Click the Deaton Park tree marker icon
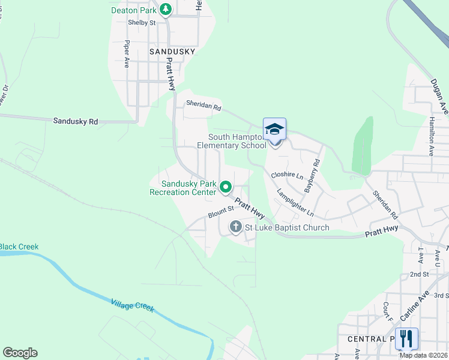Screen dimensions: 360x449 pyautogui.click(x=166, y=10)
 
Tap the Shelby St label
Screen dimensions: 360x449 pyautogui.click(x=142, y=23)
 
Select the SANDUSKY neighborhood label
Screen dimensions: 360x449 pyautogui.click(x=172, y=52)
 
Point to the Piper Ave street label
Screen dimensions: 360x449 pyautogui.click(x=127, y=54)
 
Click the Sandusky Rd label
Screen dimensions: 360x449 pyautogui.click(x=75, y=121)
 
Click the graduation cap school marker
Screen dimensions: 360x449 pyautogui.click(x=274, y=130)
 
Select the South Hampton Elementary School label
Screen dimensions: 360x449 pyautogui.click(x=232, y=142)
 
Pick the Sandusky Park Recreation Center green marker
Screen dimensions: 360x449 pyautogui.click(x=226, y=187)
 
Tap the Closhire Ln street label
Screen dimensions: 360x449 pyautogui.click(x=287, y=175)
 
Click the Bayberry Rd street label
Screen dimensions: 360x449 pyautogui.click(x=313, y=176)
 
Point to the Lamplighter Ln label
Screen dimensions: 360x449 pyautogui.click(x=295, y=203)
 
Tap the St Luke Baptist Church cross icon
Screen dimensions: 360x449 pyautogui.click(x=235, y=227)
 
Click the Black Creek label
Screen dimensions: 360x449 pyautogui.click(x=19, y=247)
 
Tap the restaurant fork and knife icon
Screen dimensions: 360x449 pyautogui.click(x=406, y=339)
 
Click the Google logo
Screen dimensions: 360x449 pyautogui.click(x=20, y=353)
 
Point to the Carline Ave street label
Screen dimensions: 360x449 pyautogui.click(x=409, y=306)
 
